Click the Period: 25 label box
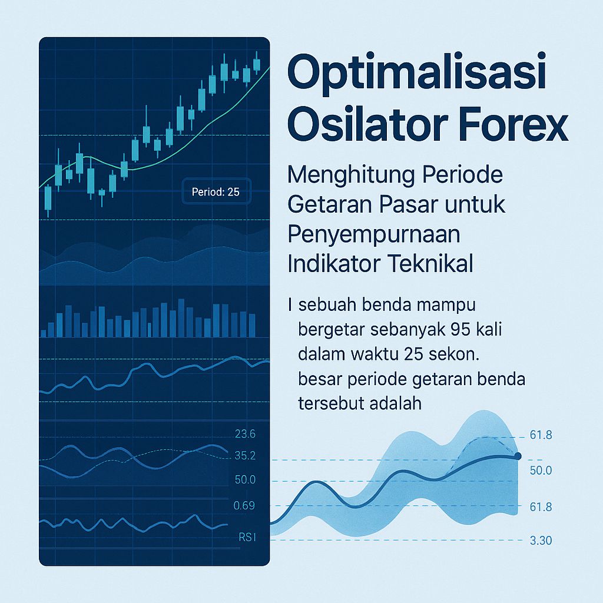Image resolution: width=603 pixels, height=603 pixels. coord(216,192)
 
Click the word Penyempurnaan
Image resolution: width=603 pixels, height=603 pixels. coord(374,234)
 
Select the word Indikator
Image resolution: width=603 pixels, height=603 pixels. coord(332,263)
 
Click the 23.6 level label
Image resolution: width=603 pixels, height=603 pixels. coord(244,435)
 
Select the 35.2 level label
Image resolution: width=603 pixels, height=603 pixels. coord(244,456)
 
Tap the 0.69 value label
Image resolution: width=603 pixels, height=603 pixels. coord(244,505)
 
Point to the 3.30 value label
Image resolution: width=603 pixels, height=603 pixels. coord(540,541)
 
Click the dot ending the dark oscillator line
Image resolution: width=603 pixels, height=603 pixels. coord(518,456)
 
